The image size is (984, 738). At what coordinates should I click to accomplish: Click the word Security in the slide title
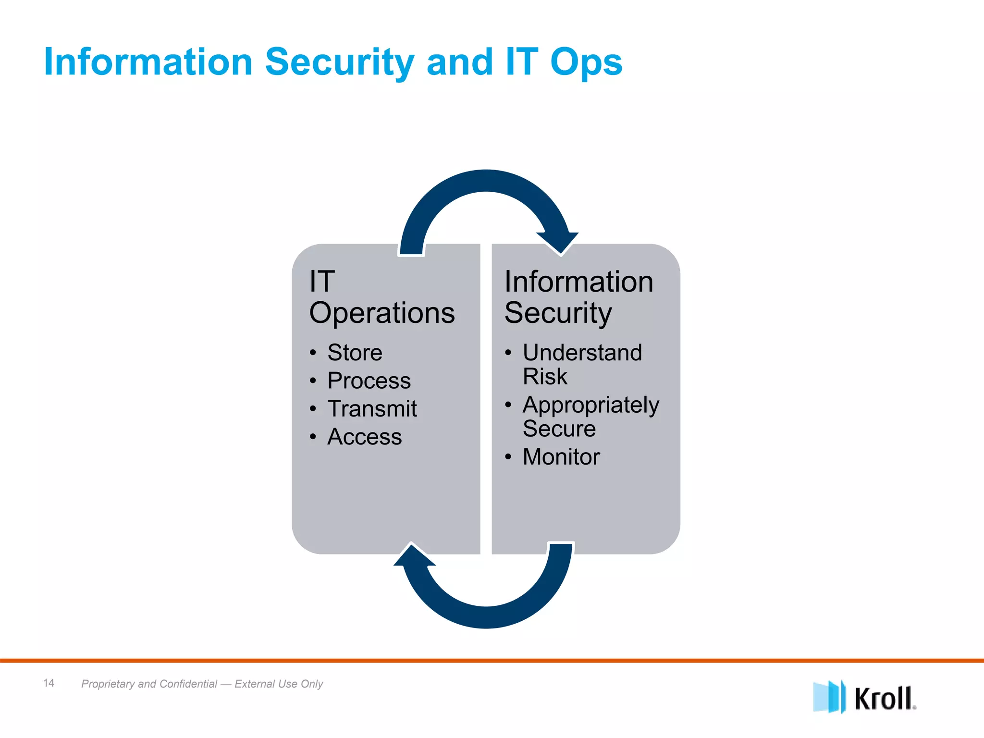339,62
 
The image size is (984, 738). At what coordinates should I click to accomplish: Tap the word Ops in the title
586,62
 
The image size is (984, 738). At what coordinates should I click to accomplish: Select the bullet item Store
355,353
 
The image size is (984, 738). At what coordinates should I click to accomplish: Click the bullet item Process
369,381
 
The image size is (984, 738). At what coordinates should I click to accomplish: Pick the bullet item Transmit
372,409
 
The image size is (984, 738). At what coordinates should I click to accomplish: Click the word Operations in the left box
382,313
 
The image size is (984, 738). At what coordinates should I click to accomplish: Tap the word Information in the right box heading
578,282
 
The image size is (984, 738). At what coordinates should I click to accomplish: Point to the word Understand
582,353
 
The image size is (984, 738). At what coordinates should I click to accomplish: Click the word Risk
544,376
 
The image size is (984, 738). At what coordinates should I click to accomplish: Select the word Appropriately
590,405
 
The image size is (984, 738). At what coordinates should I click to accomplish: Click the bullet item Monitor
561,457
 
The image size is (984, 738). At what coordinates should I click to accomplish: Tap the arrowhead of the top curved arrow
559,241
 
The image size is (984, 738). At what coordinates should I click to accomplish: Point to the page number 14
49,683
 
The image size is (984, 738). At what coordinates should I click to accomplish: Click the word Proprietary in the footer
108,684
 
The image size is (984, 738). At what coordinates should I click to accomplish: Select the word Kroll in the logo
883,699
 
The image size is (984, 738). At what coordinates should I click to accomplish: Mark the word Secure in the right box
559,429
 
